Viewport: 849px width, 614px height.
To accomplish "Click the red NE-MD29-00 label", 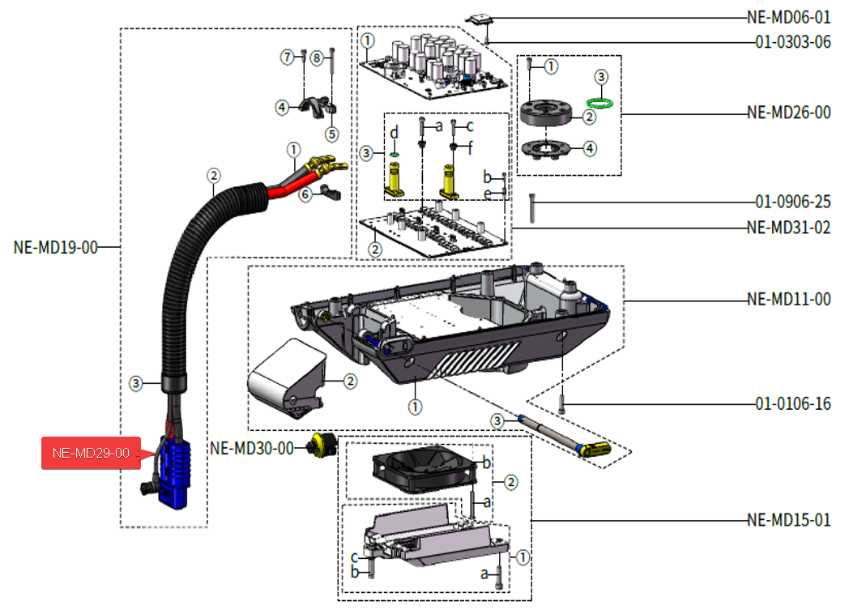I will click(91, 453).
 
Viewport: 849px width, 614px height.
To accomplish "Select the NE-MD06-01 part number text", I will click(787, 17).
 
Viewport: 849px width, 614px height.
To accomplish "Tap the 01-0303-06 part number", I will click(792, 43).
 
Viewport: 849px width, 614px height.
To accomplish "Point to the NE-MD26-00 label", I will click(787, 113).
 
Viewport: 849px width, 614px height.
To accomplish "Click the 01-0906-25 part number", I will click(792, 202).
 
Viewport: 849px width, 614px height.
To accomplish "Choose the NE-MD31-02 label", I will click(787, 228).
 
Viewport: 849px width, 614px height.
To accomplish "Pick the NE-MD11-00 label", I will click(787, 299).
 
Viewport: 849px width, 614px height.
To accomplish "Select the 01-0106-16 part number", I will click(792, 403).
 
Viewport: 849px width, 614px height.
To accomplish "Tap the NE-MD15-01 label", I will click(787, 519).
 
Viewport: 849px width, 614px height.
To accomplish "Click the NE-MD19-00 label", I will click(55, 247).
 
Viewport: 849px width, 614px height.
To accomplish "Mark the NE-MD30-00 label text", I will click(251, 448).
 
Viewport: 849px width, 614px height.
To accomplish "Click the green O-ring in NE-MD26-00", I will click(599, 102).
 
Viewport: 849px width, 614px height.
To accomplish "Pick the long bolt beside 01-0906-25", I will click(531, 208).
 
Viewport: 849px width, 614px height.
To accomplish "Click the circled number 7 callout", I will click(287, 57).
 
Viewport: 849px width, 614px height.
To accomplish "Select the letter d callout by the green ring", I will click(394, 132).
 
